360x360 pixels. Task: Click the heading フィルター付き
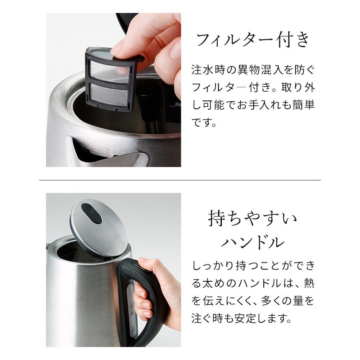[x=253, y=40]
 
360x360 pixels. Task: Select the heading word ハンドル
[x=252, y=242]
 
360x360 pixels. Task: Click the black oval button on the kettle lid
[x=92, y=213]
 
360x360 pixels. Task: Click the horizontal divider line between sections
[x=180, y=180]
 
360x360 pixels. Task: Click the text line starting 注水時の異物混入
[x=253, y=69]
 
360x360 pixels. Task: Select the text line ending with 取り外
[x=253, y=87]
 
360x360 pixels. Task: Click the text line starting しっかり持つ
[x=253, y=265]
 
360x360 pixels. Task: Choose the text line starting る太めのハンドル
[x=253, y=283]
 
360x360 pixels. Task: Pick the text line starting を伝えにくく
[x=253, y=301]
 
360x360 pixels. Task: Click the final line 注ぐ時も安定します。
[x=241, y=319]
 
